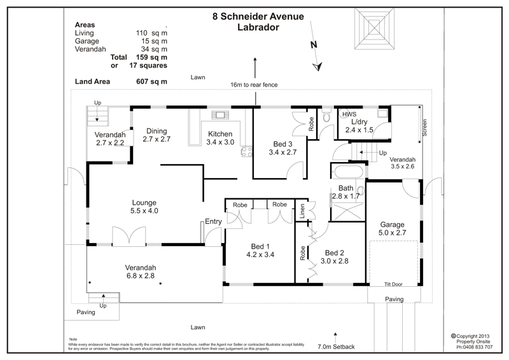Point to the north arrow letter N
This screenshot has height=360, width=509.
(314, 45)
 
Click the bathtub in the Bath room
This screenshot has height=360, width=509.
(347, 172)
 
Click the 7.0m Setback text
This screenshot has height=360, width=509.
(336, 347)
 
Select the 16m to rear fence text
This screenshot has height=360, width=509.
(254, 85)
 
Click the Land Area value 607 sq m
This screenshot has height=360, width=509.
(151, 81)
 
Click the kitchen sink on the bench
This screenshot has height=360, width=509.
(221, 115)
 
